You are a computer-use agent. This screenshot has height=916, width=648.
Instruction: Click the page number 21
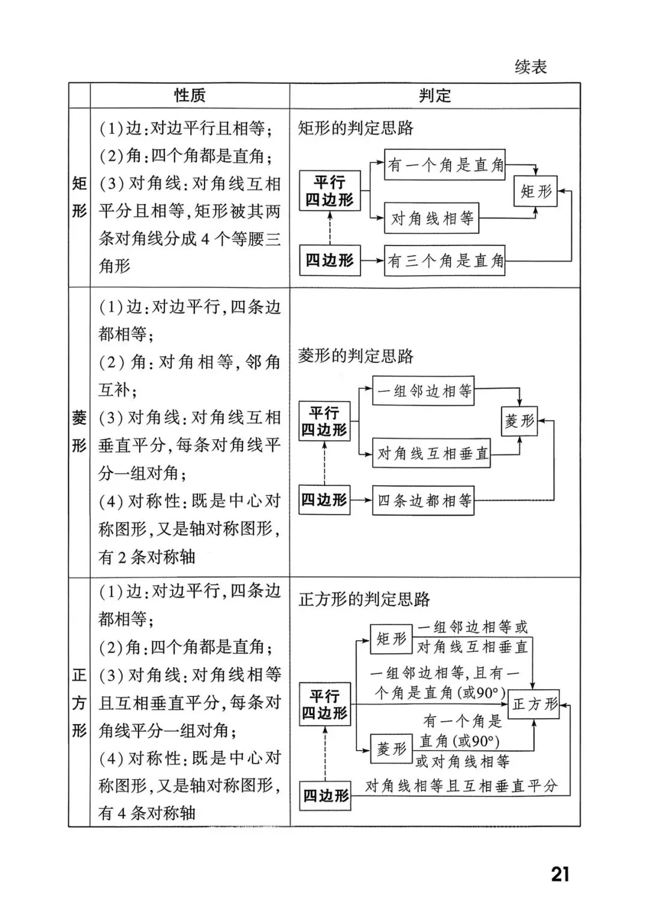[560, 874]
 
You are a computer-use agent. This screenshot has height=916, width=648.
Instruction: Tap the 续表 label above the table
[531, 67]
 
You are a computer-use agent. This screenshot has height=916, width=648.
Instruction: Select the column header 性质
[190, 95]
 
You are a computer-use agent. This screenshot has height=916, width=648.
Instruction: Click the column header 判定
[434, 95]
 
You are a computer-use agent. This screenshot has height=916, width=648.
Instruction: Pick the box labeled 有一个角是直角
[445, 165]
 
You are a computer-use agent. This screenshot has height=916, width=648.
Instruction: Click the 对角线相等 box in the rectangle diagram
[431, 218]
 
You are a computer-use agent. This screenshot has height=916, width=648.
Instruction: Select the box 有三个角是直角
[445, 260]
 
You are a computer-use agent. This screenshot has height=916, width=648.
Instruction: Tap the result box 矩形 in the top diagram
[536, 191]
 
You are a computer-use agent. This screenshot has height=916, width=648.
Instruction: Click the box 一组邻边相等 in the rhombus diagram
[423, 391]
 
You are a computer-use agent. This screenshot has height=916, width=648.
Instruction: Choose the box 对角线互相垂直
[431, 453]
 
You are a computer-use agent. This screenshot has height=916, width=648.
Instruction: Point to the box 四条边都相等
[423, 500]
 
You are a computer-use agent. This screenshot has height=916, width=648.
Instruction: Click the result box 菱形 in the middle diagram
[519, 421]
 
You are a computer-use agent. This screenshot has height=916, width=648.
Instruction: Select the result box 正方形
[535, 704]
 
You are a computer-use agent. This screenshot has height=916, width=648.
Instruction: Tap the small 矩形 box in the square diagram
[391, 639]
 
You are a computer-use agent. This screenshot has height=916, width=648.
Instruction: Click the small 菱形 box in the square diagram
[391, 749]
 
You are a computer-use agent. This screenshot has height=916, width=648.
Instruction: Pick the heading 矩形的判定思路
[356, 128]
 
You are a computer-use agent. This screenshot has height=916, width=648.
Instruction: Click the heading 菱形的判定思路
[356, 356]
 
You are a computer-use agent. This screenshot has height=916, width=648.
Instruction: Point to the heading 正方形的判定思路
[364, 599]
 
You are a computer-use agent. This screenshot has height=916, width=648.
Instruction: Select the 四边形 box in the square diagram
[326, 795]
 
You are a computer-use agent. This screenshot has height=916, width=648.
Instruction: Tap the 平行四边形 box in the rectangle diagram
[329, 191]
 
